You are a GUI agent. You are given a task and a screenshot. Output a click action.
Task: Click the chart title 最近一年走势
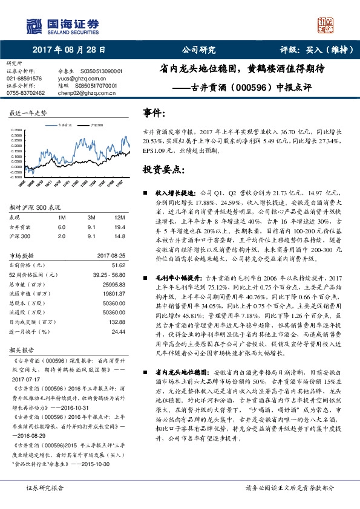(28, 114)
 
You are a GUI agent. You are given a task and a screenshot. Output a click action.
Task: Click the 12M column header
(119, 217)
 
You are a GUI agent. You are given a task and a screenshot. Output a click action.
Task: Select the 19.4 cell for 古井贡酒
(119, 227)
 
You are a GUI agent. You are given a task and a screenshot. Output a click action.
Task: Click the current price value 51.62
(119, 265)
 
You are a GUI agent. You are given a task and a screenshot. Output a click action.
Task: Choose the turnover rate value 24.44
(118, 332)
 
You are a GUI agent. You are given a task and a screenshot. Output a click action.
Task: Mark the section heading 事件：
(154, 113)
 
